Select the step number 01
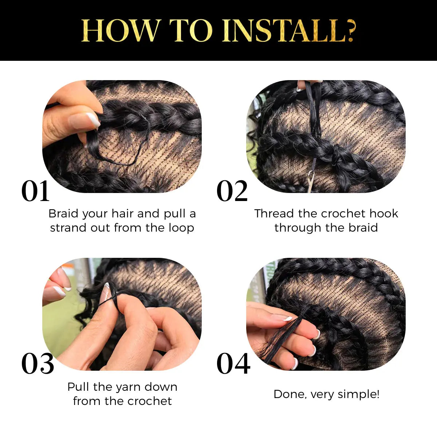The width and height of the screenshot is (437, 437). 35,192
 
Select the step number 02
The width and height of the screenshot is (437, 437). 232,192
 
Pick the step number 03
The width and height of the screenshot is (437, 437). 38,364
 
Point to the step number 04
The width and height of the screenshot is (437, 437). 233,364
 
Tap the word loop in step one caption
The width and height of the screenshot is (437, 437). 181,228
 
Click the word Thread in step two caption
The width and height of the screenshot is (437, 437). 274,213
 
